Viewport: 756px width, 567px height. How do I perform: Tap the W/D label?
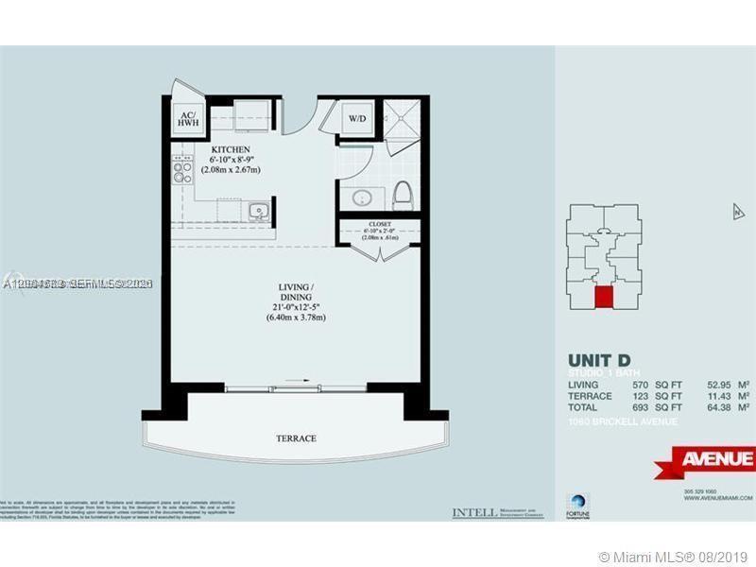click(357, 120)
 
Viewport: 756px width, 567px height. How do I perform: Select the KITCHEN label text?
click(230, 150)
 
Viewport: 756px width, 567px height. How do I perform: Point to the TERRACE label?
click(296, 438)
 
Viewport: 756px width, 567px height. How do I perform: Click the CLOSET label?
click(378, 225)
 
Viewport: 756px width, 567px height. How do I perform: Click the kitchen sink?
click(257, 210)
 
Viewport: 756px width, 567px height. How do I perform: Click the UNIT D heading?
click(599, 360)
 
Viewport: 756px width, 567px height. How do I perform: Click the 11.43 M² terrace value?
click(729, 396)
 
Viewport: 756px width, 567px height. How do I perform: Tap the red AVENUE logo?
click(707, 460)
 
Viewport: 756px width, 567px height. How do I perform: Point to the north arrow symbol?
click(738, 212)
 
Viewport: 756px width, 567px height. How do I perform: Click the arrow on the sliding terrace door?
click(296, 381)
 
